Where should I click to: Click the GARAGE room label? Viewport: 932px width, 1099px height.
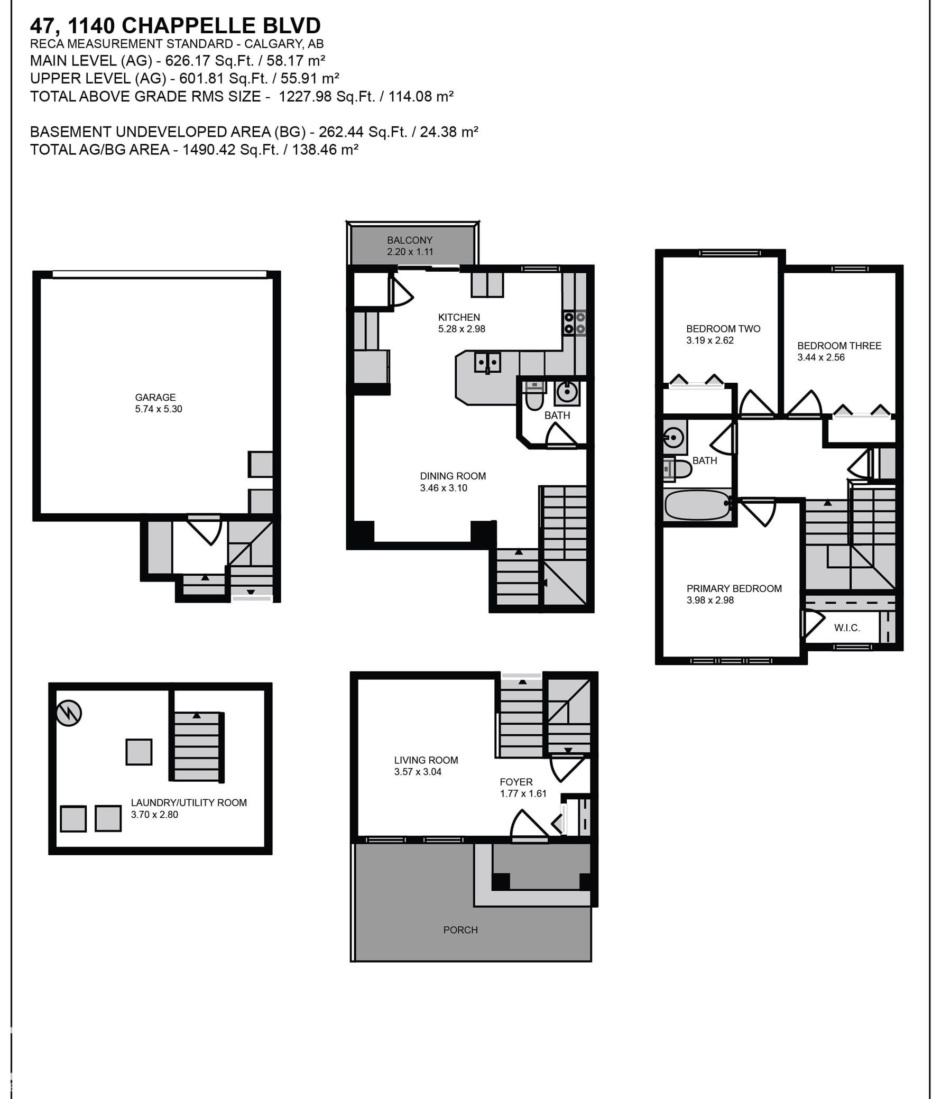[155, 397]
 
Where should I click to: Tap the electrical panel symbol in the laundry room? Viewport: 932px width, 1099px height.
[69, 713]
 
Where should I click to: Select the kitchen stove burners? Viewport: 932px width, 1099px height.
[575, 323]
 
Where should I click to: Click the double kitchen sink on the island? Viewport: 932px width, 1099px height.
[487, 363]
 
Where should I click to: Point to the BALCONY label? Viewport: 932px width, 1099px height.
[410, 240]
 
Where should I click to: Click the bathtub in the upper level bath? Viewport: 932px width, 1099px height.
[697, 505]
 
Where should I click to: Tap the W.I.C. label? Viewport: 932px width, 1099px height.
[847, 628]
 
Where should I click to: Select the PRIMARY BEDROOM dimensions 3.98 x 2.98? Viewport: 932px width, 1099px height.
[710, 600]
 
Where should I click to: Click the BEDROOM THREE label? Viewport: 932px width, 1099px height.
[839, 346]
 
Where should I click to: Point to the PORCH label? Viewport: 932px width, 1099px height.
[460, 929]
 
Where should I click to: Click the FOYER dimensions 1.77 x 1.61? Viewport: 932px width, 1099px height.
[523, 793]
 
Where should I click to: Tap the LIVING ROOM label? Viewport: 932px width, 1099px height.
[426, 760]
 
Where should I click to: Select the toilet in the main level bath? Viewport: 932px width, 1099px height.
[534, 397]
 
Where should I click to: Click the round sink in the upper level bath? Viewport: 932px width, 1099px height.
[674, 437]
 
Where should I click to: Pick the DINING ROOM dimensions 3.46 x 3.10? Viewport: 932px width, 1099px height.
[444, 488]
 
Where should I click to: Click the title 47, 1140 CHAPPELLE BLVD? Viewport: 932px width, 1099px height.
[175, 25]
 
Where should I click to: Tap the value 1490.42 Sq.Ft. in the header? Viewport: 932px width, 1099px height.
[230, 150]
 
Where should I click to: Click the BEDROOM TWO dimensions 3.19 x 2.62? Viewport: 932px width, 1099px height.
[710, 340]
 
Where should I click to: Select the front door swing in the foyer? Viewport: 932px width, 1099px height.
[529, 825]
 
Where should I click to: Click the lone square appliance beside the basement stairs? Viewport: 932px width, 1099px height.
[139, 752]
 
